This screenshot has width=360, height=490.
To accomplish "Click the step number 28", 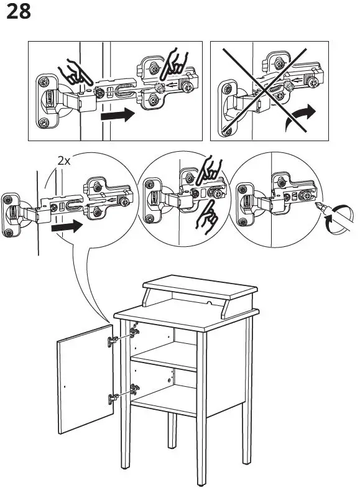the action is pyautogui.click(x=19, y=12).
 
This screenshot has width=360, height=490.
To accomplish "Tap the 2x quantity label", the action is pyautogui.click(x=64, y=161).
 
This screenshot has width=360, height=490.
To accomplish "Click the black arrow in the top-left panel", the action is pyautogui.click(x=118, y=114).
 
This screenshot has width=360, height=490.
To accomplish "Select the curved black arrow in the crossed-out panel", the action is pyautogui.click(x=301, y=116).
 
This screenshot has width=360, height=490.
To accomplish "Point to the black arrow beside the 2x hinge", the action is pyautogui.click(x=67, y=226).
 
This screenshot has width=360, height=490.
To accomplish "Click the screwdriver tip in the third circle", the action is pyautogui.click(x=318, y=205).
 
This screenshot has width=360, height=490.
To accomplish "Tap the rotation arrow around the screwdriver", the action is pyautogui.click(x=339, y=220).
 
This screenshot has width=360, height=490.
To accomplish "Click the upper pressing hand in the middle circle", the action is pyautogui.click(x=208, y=170).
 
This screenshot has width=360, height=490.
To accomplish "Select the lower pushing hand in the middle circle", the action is pyautogui.click(x=206, y=218).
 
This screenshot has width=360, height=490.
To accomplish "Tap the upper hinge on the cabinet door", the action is pyautogui.click(x=113, y=341).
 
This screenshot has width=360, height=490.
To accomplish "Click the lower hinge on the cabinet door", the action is pyautogui.click(x=113, y=399).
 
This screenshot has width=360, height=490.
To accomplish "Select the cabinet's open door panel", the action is pyautogui.click(x=85, y=379).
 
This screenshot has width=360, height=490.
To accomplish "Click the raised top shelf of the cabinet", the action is pyautogui.click(x=200, y=287).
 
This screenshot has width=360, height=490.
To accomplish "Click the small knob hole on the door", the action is pyautogui.click(x=65, y=387).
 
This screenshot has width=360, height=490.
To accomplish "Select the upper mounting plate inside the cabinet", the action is pyautogui.click(x=135, y=332).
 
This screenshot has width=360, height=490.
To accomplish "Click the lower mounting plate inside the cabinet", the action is pyautogui.click(x=135, y=390).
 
